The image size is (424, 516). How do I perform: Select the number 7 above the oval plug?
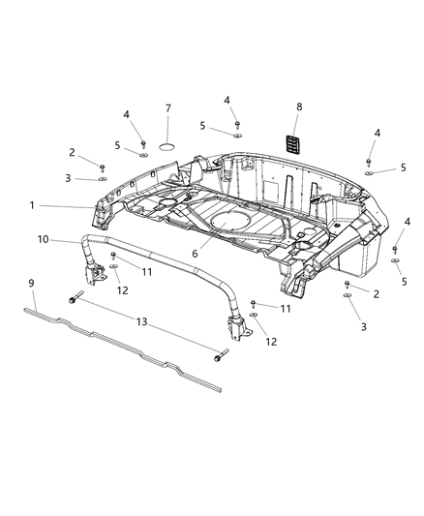click(167, 107)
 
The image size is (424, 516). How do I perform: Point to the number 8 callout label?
click(299, 107)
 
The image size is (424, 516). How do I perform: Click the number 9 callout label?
click(32, 282)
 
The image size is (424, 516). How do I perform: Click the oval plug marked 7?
click(167, 145)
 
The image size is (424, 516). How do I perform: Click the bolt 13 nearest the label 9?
click(74, 301)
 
